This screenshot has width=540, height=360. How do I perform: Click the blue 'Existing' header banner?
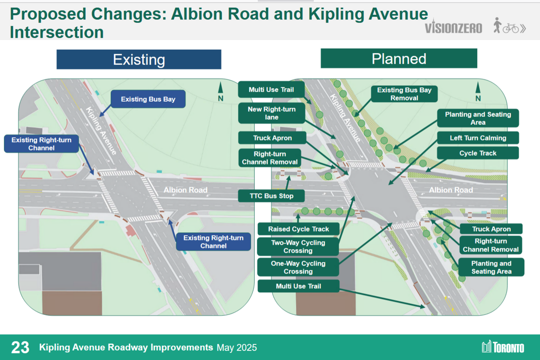point(139,60)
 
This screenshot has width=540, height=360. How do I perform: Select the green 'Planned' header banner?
point(399,58)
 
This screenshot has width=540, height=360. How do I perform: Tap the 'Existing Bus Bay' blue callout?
point(148,99)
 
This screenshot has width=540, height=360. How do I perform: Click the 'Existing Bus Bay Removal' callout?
point(404,94)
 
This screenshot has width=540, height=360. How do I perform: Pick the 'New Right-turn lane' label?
point(272,113)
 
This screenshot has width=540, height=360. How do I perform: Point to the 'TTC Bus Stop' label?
point(271,196)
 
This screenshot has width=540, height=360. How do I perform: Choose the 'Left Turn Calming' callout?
point(478,138)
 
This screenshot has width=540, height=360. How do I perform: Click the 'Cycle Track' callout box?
point(478,153)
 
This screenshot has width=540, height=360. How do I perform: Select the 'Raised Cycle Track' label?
point(298,229)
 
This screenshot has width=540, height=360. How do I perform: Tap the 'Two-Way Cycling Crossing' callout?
point(298,246)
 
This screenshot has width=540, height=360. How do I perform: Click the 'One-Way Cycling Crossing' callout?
point(298,267)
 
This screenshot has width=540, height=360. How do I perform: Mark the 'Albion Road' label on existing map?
point(185,190)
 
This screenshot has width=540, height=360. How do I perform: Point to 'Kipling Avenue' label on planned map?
point(345,118)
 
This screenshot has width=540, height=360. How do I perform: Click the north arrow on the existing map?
point(220,92)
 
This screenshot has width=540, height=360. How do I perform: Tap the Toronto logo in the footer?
point(503,347)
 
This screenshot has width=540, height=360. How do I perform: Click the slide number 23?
point(20,347)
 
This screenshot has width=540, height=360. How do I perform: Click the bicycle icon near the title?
point(511,28)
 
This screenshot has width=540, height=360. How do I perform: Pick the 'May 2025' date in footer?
point(237,348)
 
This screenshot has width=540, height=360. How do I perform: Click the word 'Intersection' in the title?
point(57,32)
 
